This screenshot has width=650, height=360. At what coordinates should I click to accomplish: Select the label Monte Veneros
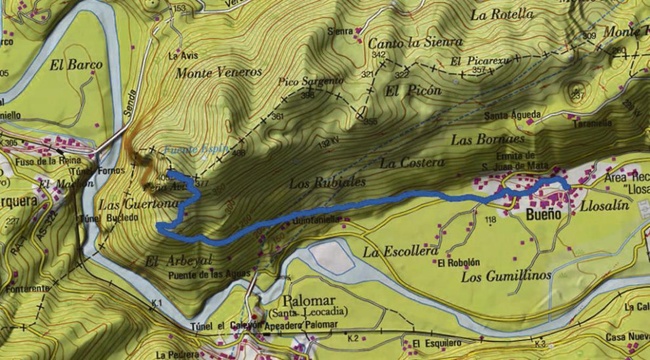(x=219, y=72)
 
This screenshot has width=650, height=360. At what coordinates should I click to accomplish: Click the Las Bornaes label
(x=487, y=140)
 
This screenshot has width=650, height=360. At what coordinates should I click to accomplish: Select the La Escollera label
(x=400, y=252)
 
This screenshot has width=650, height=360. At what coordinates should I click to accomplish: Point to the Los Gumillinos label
(x=506, y=276)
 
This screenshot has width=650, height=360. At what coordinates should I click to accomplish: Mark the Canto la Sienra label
(x=415, y=42)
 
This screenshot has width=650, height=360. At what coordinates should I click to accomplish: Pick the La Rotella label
(x=502, y=15)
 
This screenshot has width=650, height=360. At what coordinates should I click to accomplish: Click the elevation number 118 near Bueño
(x=490, y=219)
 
